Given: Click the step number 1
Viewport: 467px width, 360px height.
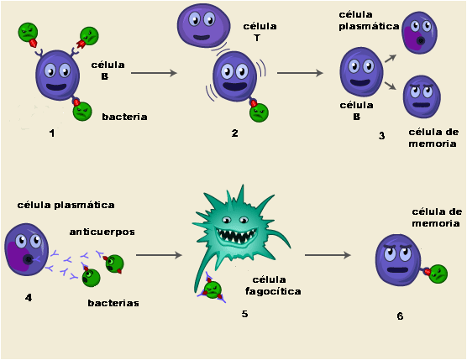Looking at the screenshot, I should coord(51,133).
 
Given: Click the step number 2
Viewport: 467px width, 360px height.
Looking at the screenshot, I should coord(235,133).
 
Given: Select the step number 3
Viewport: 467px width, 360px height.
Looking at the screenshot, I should coord(381,135).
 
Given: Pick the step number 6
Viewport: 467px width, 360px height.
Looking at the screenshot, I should coord(400,316).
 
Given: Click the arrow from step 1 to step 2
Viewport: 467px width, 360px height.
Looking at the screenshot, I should coord(155,73).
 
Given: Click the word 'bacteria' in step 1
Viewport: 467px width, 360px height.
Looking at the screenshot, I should coord(124,117).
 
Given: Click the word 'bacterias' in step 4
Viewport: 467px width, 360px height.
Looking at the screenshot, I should coord(113,301).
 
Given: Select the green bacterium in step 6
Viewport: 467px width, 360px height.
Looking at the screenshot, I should coord(438,273).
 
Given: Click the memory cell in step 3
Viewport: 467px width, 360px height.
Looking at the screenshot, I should coord(422,97).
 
